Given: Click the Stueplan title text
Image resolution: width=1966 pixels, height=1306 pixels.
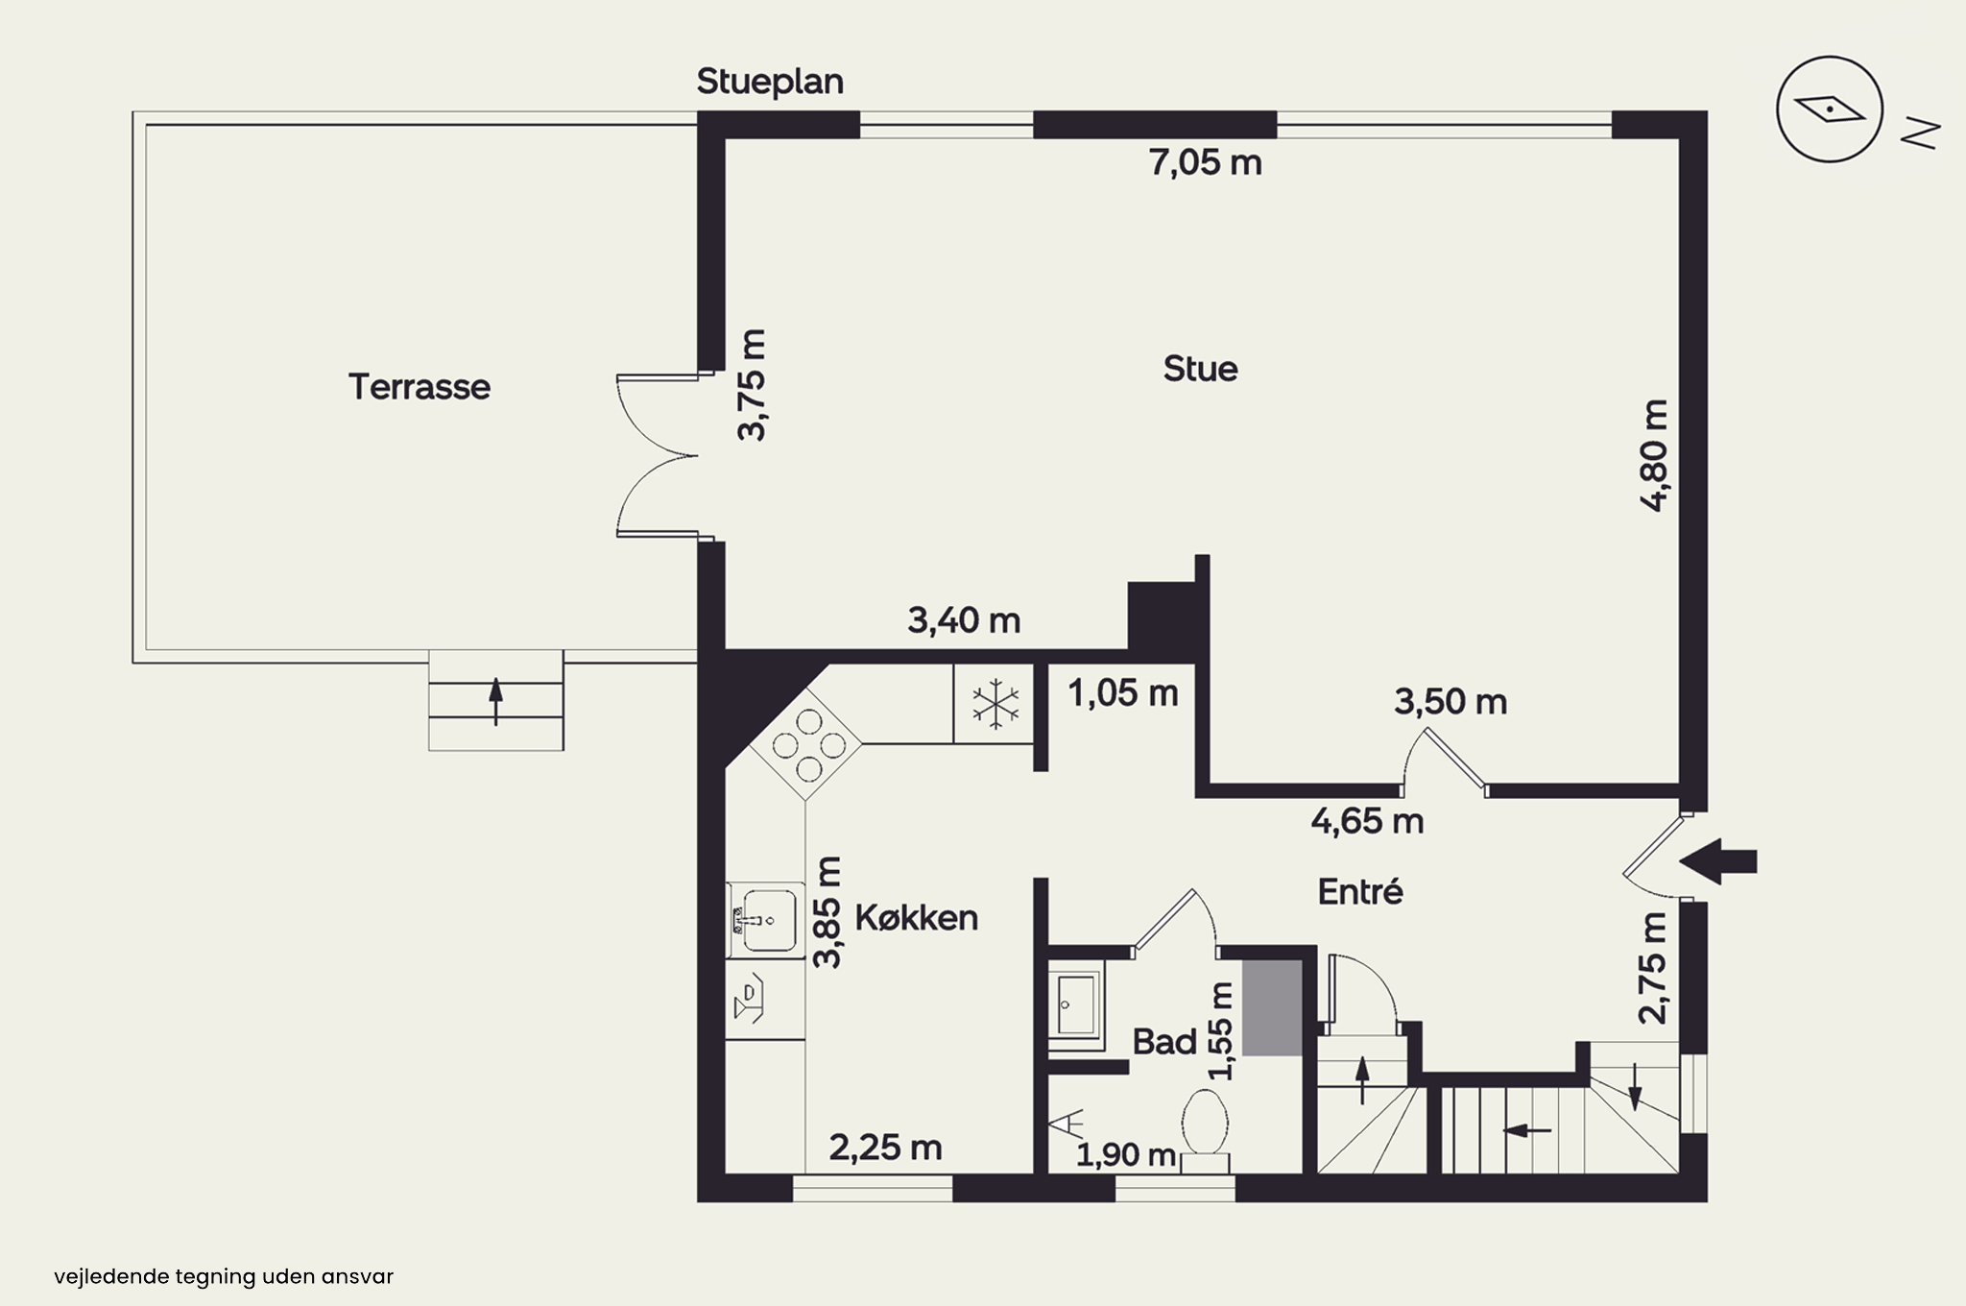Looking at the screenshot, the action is click(x=770, y=82).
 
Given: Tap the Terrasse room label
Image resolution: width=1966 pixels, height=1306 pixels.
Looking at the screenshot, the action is click(x=420, y=387).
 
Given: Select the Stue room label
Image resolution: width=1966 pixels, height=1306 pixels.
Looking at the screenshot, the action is click(x=1200, y=369).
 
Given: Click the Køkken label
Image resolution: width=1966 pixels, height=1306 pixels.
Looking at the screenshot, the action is click(x=917, y=918).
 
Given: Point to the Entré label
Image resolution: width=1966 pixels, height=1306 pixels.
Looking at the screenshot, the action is click(x=1360, y=891).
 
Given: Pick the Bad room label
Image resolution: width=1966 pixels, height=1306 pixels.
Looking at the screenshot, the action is click(x=1164, y=1042).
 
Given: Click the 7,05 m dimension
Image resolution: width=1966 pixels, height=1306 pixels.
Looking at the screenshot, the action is click(x=1206, y=163).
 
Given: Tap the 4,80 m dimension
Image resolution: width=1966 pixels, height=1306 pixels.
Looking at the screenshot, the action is click(x=1655, y=455).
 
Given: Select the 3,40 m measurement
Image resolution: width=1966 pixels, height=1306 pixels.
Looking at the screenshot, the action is click(x=964, y=621).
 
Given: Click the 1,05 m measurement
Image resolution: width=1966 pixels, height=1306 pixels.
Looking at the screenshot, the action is click(x=1123, y=693).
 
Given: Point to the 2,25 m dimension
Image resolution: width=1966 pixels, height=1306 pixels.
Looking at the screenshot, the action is click(x=885, y=1148).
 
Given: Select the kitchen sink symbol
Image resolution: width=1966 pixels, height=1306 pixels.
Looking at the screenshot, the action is click(x=765, y=920).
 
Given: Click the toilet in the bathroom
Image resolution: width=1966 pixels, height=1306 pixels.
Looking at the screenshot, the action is click(x=1206, y=1129).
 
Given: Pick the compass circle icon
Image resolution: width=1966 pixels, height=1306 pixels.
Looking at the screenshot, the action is click(x=1829, y=109).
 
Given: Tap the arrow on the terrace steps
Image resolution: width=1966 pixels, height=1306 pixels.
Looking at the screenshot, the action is click(x=495, y=701).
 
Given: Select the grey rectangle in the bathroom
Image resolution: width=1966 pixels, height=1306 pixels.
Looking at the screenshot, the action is click(x=1273, y=1007).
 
